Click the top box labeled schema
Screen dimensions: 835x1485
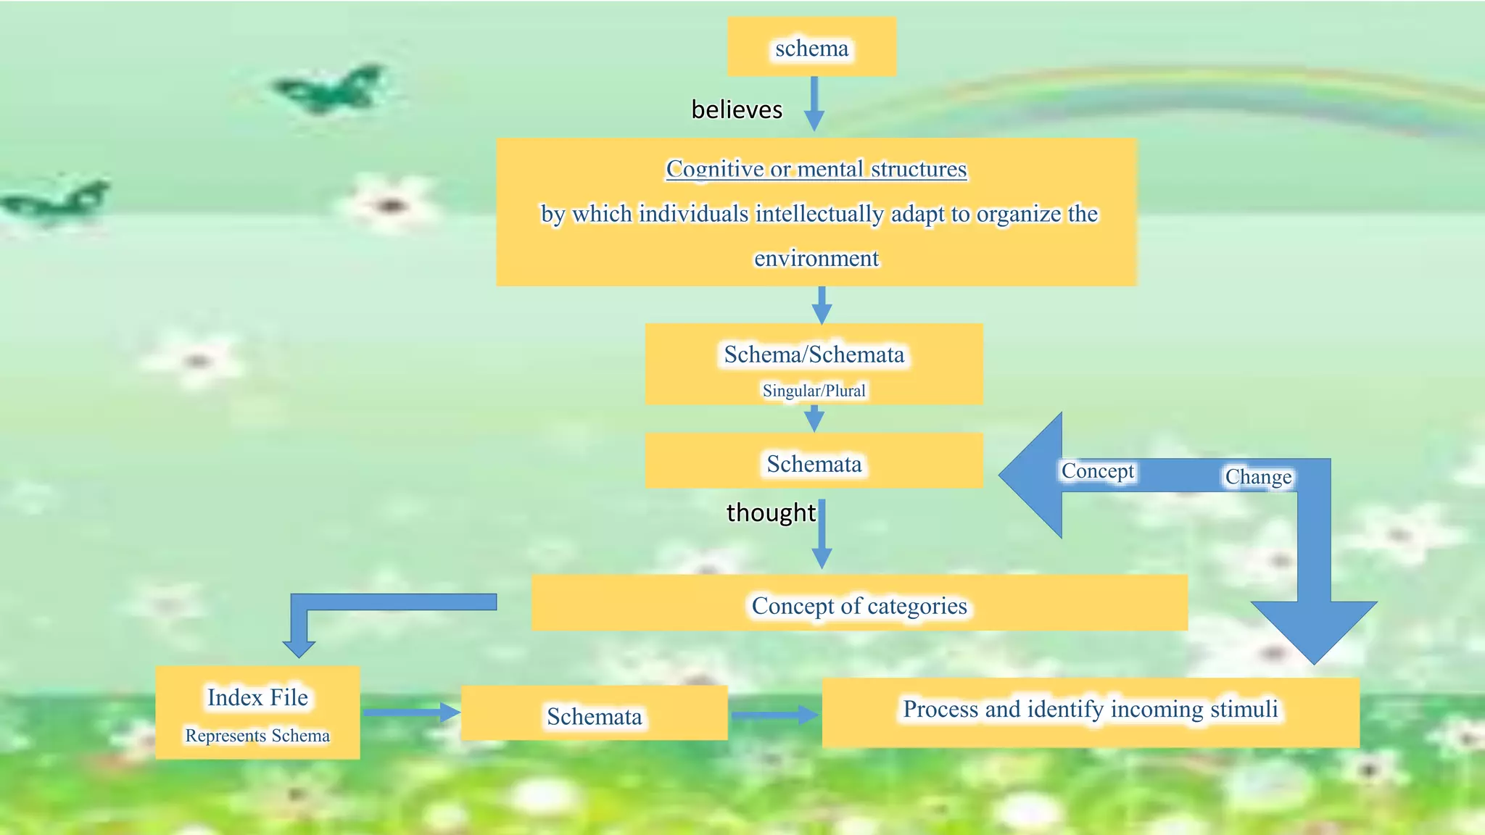point(811,48)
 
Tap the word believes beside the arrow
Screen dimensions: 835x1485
point(737,109)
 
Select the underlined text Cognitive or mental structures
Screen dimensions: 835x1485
point(816,169)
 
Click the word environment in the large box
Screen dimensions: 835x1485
point(816,258)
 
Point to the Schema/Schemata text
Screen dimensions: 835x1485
point(814,354)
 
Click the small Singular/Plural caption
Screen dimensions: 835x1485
point(814,391)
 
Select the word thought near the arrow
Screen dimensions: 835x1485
point(771,512)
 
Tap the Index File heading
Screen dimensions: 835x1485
point(257,697)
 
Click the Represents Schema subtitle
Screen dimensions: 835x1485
point(257,736)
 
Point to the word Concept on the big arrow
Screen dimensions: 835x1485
point(1097,471)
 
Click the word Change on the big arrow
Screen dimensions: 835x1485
point(1258,477)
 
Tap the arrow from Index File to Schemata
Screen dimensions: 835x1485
point(410,713)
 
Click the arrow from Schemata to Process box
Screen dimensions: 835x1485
point(774,715)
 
